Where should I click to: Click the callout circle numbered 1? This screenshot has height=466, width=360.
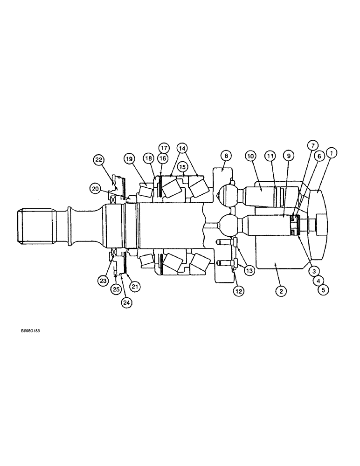(x=332, y=152)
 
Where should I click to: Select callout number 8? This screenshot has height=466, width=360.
(x=225, y=156)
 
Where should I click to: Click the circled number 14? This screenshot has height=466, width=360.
(x=182, y=149)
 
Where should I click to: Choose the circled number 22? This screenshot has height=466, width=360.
(x=98, y=159)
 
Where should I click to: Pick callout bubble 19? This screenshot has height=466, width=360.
(x=129, y=158)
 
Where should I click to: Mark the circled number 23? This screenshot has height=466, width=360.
(x=103, y=281)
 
